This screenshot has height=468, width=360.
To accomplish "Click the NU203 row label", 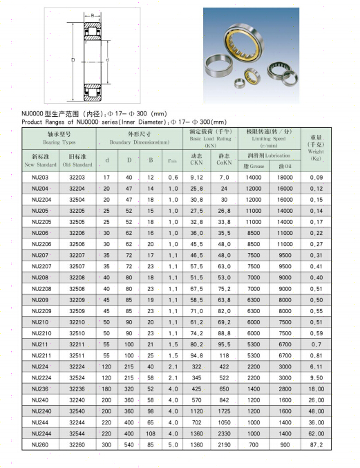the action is coord(40,178).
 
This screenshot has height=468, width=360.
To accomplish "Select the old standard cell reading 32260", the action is coord(77,444).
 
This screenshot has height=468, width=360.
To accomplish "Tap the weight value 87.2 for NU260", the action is coord(316,444).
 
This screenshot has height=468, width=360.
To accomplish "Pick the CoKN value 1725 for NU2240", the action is coord(224,411).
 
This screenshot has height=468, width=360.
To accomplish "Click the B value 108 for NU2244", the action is coord(151,433).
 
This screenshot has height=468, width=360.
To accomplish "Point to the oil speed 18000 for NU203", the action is coord(285,178).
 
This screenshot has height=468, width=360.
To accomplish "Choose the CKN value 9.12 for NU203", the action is coord(196,178).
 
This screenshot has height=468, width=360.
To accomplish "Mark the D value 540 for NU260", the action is coord(129,444).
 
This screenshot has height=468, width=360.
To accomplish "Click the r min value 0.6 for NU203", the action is coord(173,178).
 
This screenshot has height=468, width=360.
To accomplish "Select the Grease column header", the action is coord(254,166).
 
